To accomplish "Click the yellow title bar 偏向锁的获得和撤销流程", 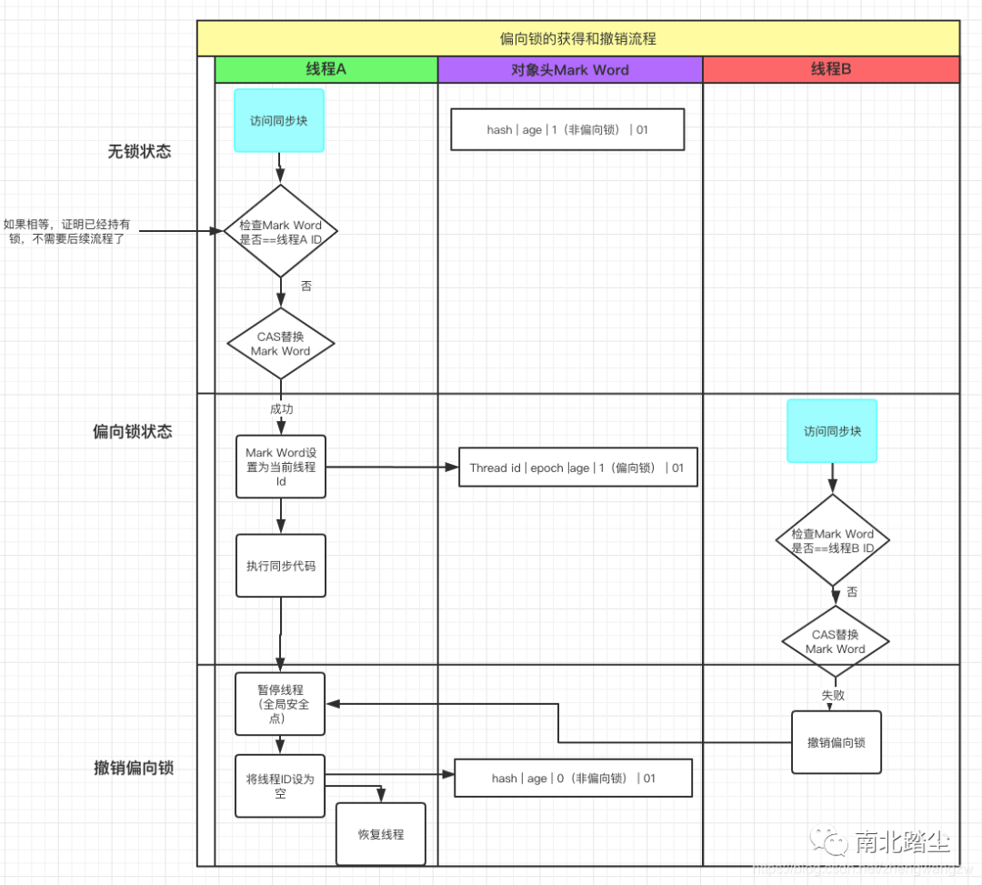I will coord(578,39).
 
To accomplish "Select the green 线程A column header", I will coord(326,69).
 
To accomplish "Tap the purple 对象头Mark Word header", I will coord(570,69).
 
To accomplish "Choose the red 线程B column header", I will coord(831,69).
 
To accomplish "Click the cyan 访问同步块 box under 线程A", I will coord(279,120).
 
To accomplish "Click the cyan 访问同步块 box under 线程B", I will coord(832,431).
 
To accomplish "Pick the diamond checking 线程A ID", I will coord(280,231).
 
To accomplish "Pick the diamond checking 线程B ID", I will coord(832,540).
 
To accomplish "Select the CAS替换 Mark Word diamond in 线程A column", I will coord(280,344).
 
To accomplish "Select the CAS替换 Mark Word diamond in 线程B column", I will coord(835,641).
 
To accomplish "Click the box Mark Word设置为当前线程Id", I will coord(281,467).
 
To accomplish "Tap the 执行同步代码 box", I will coord(281,566).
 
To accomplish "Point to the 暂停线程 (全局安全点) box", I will coord(281,704).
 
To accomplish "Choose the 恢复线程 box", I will coord(381,834).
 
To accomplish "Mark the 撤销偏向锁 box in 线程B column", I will coord(837,742).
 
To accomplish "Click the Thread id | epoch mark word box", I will coord(577,468).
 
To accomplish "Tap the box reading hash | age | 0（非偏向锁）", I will coord(573,779).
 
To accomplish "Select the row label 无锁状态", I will coord(139,152).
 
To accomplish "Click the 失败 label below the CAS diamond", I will coord(834,694).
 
